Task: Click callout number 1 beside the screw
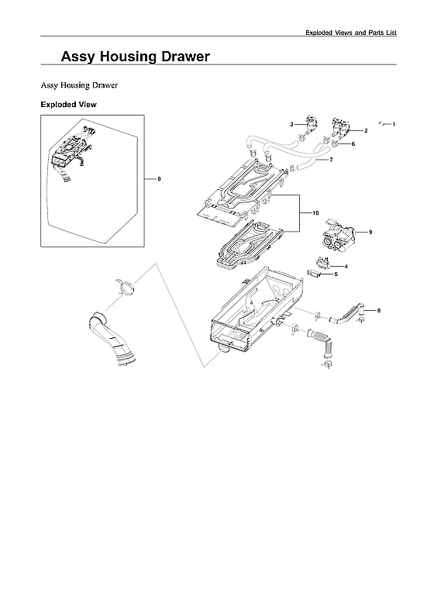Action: pyautogui.click(x=394, y=124)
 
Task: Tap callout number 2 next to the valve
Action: pyautogui.click(x=366, y=131)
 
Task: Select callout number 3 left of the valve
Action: pyautogui.click(x=291, y=124)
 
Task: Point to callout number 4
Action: pyautogui.click(x=346, y=266)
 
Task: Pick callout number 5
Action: pyautogui.click(x=336, y=274)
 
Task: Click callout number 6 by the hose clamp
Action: pyautogui.click(x=353, y=144)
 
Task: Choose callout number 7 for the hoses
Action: pyautogui.click(x=331, y=160)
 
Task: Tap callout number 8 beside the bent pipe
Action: pyautogui.click(x=378, y=310)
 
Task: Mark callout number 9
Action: pyautogui.click(x=370, y=233)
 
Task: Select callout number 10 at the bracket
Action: pyautogui.click(x=315, y=212)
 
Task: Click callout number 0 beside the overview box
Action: pyautogui.click(x=159, y=179)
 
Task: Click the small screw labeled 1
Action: pyautogui.click(x=382, y=123)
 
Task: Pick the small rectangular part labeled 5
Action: pyautogui.click(x=315, y=273)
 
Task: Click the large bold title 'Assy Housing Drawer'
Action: pyautogui.click(x=136, y=57)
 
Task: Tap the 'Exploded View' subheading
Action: pyautogui.click(x=68, y=104)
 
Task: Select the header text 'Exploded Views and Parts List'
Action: pyautogui.click(x=350, y=32)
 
